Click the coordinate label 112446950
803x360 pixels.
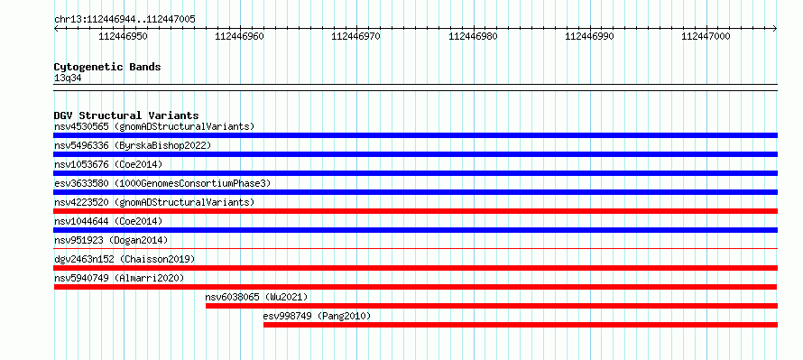click(x=124, y=36)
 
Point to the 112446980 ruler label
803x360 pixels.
click(x=473, y=36)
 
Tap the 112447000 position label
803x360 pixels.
click(x=706, y=36)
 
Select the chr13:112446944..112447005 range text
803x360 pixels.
click(x=125, y=20)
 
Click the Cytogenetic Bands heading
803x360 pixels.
click(x=107, y=67)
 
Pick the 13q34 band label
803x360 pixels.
click(x=68, y=78)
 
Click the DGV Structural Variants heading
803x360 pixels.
click(x=126, y=115)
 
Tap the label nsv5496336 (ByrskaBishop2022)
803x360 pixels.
click(x=133, y=145)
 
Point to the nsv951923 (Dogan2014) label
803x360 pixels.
click(x=111, y=240)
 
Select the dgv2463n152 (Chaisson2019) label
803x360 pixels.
click(x=125, y=259)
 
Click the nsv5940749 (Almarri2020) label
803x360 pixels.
click(x=119, y=278)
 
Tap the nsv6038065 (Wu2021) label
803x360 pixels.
click(x=256, y=297)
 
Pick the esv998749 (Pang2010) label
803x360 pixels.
click(x=317, y=316)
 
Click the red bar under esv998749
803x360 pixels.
click(x=521, y=325)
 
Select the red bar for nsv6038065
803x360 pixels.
click(x=492, y=306)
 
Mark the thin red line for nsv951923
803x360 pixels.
click(x=416, y=248)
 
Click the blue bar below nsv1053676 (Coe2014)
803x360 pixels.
click(x=416, y=173)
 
